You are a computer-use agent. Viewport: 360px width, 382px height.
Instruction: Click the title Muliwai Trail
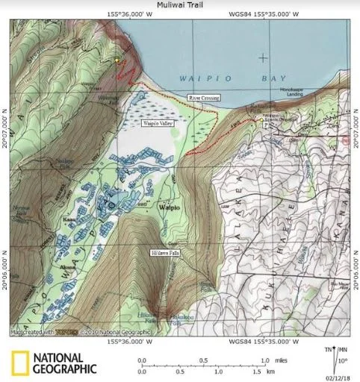point(179,4)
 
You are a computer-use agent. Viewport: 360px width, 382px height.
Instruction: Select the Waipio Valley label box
point(158,123)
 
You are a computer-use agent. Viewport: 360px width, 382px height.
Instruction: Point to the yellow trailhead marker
point(117,60)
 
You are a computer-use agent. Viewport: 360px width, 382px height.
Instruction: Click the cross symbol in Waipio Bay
point(262,57)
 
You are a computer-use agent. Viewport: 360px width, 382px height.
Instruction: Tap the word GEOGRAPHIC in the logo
point(65,368)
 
